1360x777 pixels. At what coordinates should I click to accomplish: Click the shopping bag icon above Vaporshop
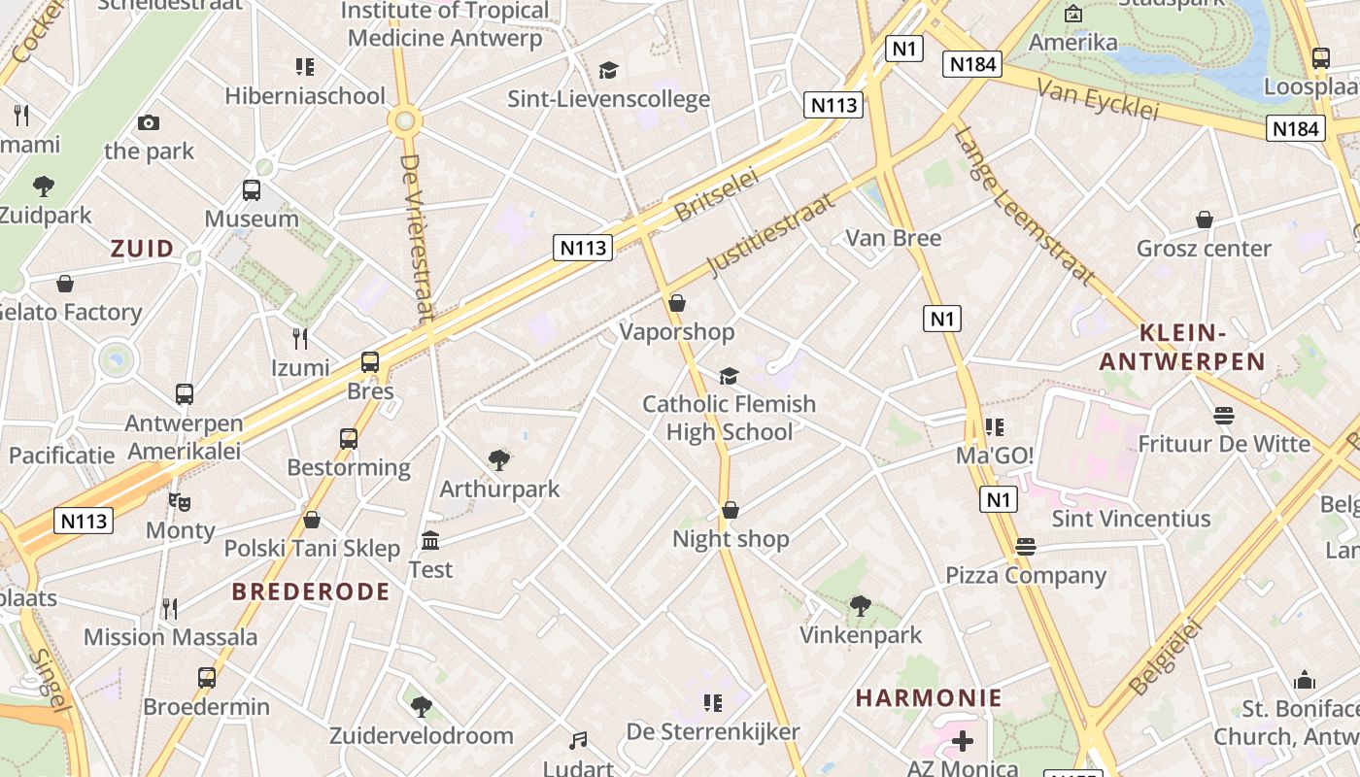tap(677, 304)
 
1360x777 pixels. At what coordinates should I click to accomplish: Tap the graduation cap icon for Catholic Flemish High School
tap(729, 376)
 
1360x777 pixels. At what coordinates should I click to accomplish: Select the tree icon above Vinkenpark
tap(860, 606)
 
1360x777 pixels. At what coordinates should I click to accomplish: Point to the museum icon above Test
tap(430, 540)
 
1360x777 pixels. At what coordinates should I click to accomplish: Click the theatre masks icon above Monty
tap(179, 502)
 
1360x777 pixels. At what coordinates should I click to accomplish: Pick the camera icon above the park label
tap(149, 122)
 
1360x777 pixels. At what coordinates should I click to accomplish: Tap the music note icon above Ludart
tap(578, 741)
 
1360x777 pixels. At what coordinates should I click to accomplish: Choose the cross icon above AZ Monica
tap(962, 742)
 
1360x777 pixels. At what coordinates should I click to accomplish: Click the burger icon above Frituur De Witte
tap(1223, 416)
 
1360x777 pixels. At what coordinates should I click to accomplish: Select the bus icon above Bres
tap(370, 362)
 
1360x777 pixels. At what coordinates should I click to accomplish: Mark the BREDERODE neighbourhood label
tap(311, 591)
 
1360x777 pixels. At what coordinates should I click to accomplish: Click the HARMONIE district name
tap(929, 698)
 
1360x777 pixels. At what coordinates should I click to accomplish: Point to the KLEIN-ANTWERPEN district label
tap(1182, 348)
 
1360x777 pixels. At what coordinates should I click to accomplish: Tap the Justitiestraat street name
tap(771, 235)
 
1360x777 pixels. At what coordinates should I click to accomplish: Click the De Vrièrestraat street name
tap(416, 237)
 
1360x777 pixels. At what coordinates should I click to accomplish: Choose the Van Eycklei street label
tap(1098, 100)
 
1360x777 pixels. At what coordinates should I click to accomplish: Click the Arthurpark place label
tap(499, 489)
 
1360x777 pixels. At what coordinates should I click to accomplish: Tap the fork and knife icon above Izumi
tap(300, 338)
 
